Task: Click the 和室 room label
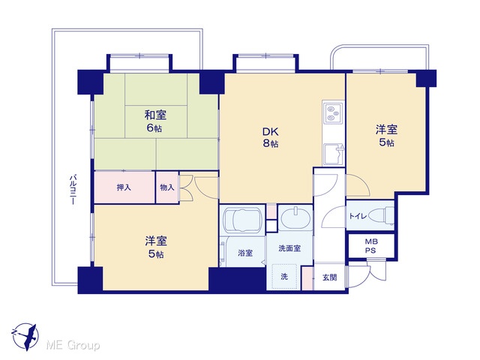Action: click(155, 115)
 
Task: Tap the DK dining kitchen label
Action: click(271, 132)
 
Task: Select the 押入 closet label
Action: click(124, 187)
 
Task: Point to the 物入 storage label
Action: click(167, 187)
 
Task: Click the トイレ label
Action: click(358, 216)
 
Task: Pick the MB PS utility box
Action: click(371, 246)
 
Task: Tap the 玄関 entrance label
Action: click(330, 277)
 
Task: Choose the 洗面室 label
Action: click(289, 248)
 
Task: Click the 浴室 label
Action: click(245, 253)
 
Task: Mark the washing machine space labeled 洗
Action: click(285, 276)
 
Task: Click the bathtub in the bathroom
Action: click(242, 220)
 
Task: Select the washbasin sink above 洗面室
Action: click(295, 217)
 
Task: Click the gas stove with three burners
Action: click(333, 113)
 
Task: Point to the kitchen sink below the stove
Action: click(333, 154)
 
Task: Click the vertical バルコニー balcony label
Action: click(73, 190)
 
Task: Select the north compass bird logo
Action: click(25, 337)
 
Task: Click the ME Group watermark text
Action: click(73, 345)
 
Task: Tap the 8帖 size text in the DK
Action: click(271, 143)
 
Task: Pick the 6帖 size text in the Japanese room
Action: click(154, 127)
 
